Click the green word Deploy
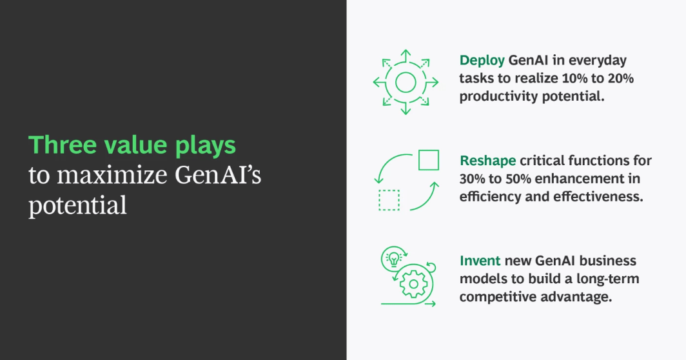pyautogui.click(x=482, y=61)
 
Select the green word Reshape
pyautogui.click(x=487, y=161)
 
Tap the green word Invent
pyautogui.click(x=480, y=261)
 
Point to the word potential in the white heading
pyautogui.click(x=77, y=205)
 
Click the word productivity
pyautogui.click(x=499, y=97)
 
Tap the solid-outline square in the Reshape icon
pyautogui.click(x=428, y=160)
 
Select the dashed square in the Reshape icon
pyautogui.click(x=389, y=200)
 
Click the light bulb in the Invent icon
pyautogui.click(x=394, y=259)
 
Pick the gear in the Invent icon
pyautogui.click(x=413, y=283)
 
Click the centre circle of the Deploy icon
pyautogui.click(x=405, y=83)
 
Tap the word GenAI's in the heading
pyautogui.click(x=218, y=175)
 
